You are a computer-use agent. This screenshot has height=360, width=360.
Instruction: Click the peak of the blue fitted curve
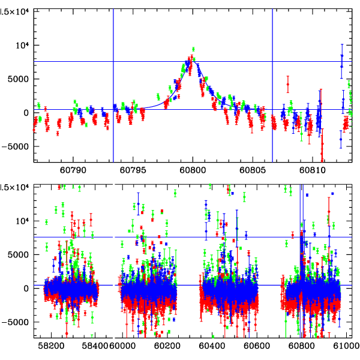point(193,61)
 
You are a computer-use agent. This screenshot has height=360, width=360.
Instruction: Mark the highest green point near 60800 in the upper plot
point(193,49)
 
